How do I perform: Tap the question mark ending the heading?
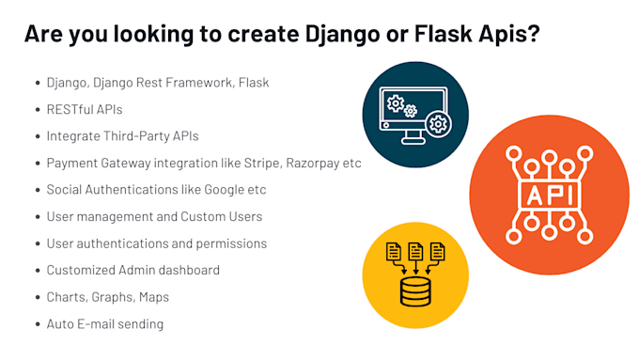[535, 34]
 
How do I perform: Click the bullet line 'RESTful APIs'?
[85, 109]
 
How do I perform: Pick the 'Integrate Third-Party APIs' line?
[122, 136]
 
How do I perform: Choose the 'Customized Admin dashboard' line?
[132, 271]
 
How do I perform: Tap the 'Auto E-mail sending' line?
[104, 324]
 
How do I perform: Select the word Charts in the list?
[67, 297]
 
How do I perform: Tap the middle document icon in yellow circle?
[414, 251]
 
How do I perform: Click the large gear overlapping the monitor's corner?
[437, 123]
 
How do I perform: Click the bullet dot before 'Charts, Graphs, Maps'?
[35, 297]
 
